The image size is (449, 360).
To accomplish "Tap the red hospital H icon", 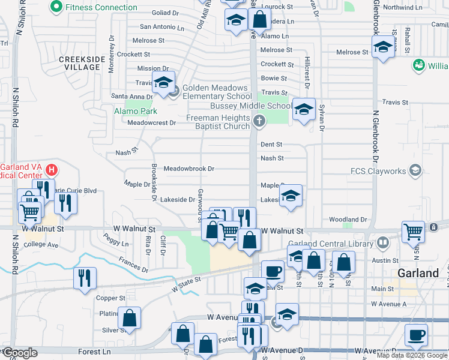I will (52, 170).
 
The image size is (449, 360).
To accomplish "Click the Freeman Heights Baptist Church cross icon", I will (259, 121).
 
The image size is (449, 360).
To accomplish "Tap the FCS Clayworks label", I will (378, 171).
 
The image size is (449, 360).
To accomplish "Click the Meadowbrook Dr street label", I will (188, 169).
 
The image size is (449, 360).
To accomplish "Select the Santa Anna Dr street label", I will (132, 97).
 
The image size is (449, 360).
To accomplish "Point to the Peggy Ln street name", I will (116, 244).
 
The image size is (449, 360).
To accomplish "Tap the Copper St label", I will (111, 298).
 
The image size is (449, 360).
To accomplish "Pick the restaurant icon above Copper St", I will (85, 278).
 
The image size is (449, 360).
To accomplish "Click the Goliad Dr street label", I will (166, 13).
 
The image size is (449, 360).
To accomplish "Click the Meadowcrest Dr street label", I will (151, 123).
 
